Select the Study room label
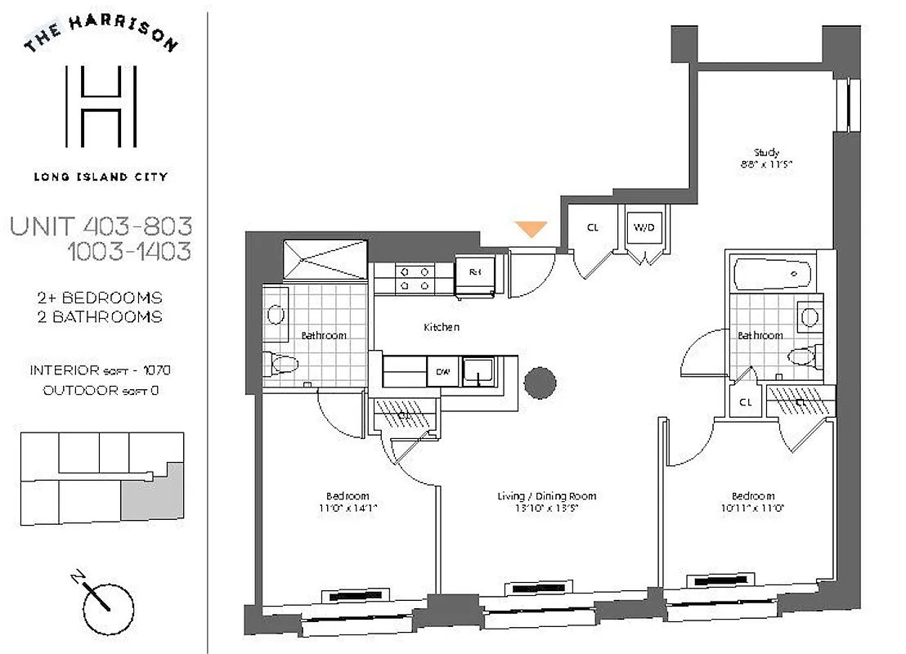766,152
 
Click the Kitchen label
441,327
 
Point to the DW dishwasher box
442,372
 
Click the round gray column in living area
540,382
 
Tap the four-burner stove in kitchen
415,278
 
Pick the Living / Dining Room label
546,496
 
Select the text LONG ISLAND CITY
100,176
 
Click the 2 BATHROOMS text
100,317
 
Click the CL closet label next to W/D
593,227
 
